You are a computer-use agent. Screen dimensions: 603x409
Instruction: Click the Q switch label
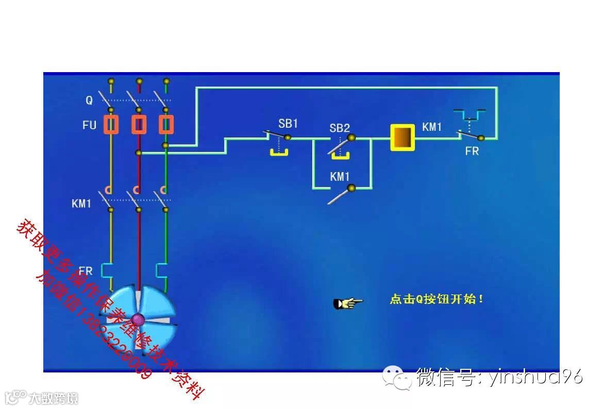[x=89, y=101]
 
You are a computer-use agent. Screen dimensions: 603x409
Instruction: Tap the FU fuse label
[x=89, y=125]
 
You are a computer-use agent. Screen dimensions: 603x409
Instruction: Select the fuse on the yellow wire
[x=111, y=125]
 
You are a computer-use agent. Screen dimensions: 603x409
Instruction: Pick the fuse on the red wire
[x=139, y=125]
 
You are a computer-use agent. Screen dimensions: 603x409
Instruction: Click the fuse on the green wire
[x=166, y=125]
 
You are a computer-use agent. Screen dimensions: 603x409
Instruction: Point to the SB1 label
[x=288, y=124]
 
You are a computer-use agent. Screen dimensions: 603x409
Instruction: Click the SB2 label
[x=340, y=128]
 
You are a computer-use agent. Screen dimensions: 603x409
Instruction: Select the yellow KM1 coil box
[x=403, y=138]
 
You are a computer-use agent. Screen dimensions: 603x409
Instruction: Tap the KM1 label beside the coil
[x=432, y=127]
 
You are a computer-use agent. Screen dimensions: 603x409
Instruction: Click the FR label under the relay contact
[x=472, y=151]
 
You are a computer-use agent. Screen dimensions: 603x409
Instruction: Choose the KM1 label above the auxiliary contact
[x=340, y=177]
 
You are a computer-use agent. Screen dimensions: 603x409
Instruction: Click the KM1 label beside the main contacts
[x=81, y=203]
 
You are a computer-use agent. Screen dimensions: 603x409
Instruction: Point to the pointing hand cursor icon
[x=348, y=303]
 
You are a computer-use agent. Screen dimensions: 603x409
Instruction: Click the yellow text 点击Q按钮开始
[x=437, y=299]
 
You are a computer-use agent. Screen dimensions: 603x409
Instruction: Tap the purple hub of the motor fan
[x=138, y=320]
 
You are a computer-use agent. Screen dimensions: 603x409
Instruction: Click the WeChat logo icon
[x=396, y=377]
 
